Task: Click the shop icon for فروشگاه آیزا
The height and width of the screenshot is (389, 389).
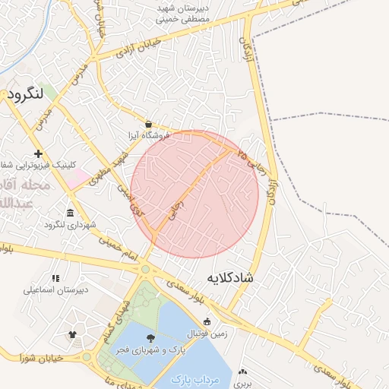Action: pyautogui.click(x=147, y=124)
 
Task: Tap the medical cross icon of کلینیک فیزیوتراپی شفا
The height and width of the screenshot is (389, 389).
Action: pyautogui.click(x=39, y=153)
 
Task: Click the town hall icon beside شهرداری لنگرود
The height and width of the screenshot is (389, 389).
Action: pyautogui.click(x=71, y=212)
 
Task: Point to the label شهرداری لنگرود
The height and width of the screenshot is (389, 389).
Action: pyautogui.click(x=71, y=224)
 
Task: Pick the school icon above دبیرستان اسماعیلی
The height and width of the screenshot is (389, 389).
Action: pyautogui.click(x=55, y=278)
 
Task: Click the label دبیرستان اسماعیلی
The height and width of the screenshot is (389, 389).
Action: pyautogui.click(x=55, y=290)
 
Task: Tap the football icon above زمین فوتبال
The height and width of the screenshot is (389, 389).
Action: pyautogui.click(x=207, y=321)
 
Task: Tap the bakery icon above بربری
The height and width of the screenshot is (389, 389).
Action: pyautogui.click(x=242, y=372)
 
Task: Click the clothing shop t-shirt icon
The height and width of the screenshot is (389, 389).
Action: pyautogui.click(x=72, y=334)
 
